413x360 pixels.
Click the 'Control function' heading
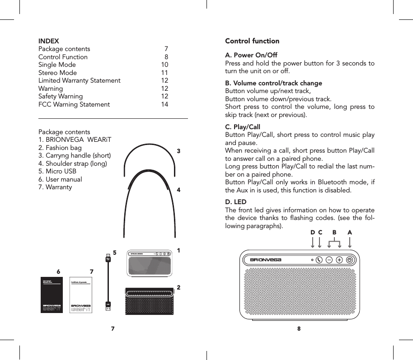tap(252, 41)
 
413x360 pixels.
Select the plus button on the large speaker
tap(339, 260)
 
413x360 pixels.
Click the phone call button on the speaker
tap(319, 260)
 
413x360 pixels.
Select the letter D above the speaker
tap(313, 232)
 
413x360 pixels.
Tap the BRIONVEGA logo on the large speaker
tap(266, 260)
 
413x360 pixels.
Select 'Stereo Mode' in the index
tap(57, 73)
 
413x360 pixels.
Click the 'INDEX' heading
tap(48, 41)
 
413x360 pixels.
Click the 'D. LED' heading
tap(236, 201)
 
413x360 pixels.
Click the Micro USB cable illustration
tap(108, 282)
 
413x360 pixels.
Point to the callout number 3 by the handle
tap(179, 151)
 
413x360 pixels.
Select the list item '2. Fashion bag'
tap(60, 148)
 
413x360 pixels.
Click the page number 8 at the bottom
tap(299, 328)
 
